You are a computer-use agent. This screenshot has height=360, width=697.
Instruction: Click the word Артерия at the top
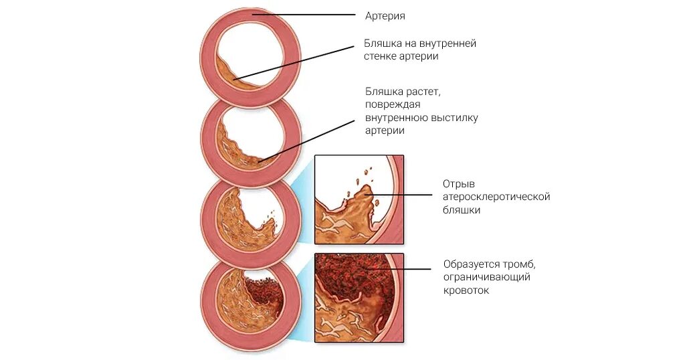tap(385, 15)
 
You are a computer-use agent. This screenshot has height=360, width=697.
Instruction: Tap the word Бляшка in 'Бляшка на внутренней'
tap(381, 43)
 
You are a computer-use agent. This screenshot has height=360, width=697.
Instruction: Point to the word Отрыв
tap(458, 183)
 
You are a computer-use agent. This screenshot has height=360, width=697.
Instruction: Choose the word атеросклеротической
tap(496, 197)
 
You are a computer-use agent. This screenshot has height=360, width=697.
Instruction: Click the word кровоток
tap(466, 290)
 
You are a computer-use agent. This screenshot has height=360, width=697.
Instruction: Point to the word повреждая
tap(393, 105)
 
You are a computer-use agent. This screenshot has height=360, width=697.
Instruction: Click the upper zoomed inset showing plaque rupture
tap(359, 199)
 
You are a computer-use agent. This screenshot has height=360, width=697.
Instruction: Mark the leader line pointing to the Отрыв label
tap(401, 195)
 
